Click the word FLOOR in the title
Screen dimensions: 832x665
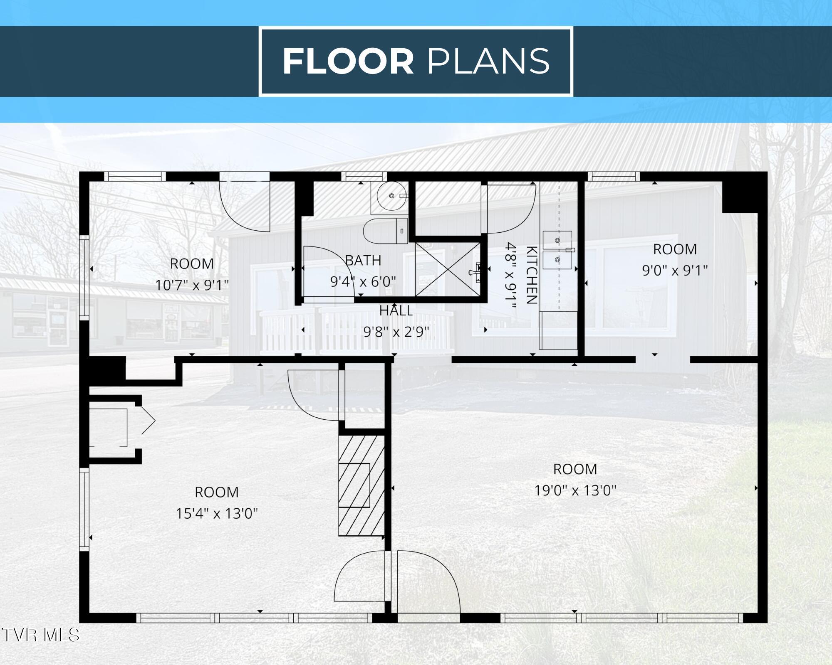point(348,62)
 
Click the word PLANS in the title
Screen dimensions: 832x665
point(488,62)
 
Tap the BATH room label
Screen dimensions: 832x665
point(363,261)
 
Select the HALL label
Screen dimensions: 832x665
point(396,311)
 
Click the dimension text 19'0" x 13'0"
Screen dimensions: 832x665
point(575,490)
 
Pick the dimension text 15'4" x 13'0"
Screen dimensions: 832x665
point(217,514)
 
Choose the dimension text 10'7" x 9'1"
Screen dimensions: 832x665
point(192,285)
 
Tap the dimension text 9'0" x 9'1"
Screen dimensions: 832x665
point(675,271)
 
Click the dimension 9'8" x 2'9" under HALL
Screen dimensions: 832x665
point(396,332)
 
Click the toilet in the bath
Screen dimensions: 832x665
point(386,231)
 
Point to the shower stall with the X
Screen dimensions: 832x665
point(448,269)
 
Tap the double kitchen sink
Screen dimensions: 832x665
point(557,250)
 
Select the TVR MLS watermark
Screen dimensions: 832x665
point(40,635)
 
